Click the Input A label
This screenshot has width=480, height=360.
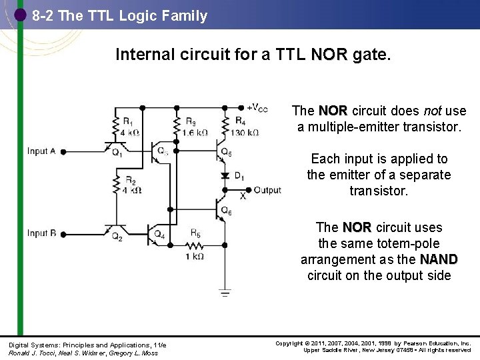(x=41, y=151)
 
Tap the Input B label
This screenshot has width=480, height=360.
(x=41, y=233)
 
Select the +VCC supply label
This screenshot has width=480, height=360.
(x=258, y=108)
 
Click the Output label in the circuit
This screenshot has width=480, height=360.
(x=267, y=190)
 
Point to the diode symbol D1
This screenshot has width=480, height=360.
(x=225, y=175)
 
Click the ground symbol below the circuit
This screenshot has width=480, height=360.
(x=225, y=291)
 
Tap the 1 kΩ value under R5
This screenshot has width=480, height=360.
(x=194, y=256)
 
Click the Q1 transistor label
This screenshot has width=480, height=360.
(x=117, y=152)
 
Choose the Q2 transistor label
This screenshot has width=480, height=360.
(x=117, y=237)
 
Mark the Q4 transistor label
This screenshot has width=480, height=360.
(x=160, y=235)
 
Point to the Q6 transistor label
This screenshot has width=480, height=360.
(x=227, y=211)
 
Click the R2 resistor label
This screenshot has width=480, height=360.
(x=131, y=181)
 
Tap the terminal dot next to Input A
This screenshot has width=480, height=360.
(x=63, y=152)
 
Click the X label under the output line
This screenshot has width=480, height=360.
(x=243, y=196)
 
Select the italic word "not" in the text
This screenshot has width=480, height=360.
(x=432, y=111)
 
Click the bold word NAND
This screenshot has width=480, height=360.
(x=439, y=259)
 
